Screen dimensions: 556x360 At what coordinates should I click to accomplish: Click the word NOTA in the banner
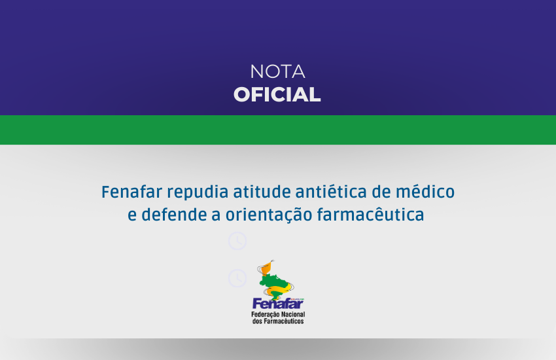(277, 71)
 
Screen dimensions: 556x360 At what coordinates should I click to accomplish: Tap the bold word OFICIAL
(277, 95)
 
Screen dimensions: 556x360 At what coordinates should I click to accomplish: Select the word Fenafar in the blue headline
(131, 192)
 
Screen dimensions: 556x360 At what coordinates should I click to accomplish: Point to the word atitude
(262, 192)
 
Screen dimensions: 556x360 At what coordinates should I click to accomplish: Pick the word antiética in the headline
(331, 192)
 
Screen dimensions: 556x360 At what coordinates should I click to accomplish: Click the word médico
(425, 192)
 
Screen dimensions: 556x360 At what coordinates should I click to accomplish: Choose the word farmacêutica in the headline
(370, 215)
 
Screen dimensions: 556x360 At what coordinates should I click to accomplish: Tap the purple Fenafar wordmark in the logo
(277, 304)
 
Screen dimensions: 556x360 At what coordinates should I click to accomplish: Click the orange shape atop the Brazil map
(267, 268)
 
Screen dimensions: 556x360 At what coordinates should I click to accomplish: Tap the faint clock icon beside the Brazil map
(237, 278)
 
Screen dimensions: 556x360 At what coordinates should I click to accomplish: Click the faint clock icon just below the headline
(237, 241)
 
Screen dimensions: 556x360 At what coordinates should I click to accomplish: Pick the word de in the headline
(381, 192)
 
